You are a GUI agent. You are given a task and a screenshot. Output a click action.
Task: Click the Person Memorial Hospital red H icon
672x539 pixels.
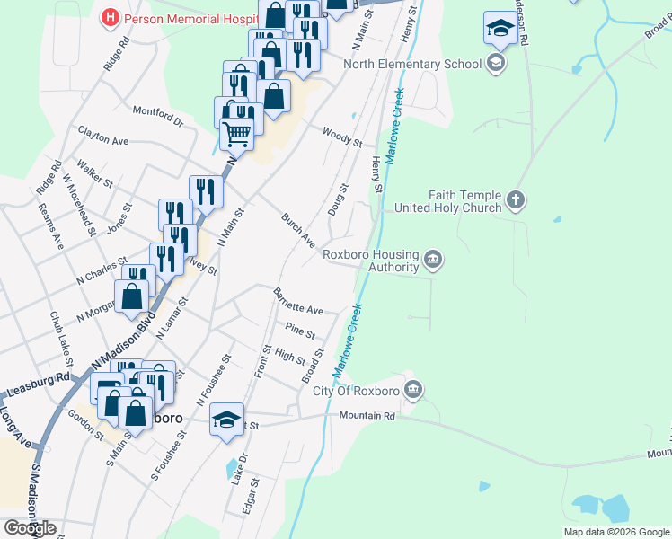110,17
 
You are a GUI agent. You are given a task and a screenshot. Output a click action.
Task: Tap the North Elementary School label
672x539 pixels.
412,65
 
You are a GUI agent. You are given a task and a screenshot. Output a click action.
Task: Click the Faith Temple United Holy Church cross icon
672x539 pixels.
516,199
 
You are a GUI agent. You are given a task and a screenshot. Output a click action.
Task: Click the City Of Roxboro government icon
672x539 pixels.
413,390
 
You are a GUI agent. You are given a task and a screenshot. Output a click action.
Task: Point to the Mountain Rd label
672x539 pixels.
367,416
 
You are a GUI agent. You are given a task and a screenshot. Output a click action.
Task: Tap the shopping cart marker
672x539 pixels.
236,134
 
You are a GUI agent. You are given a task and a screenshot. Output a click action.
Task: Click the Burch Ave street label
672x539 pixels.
298,231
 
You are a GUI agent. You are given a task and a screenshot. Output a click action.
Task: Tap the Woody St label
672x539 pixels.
342,137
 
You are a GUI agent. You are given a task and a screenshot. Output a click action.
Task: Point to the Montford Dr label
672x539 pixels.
157,116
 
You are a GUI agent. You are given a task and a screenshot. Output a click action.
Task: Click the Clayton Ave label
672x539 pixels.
103,137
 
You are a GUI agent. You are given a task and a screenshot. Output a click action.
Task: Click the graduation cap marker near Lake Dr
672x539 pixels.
227,419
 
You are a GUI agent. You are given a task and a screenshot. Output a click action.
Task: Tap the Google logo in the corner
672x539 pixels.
30,527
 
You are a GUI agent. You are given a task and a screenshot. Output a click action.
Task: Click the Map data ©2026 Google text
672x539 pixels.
615,532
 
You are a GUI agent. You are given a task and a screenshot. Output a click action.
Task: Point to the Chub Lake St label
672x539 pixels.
64,333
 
